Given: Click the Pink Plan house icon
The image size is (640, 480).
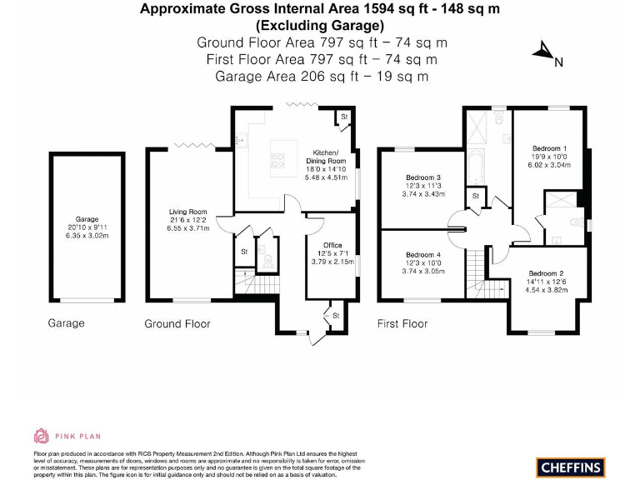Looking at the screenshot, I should pyautogui.click(x=41, y=434).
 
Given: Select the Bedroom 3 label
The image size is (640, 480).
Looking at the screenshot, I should pyautogui.click(x=423, y=177).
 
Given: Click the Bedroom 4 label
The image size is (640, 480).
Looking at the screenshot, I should pyautogui.click(x=423, y=254).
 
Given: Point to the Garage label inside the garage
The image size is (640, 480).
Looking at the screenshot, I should pyautogui.click(x=87, y=219).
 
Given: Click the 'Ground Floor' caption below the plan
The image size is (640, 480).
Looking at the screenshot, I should pyautogui.click(x=177, y=323).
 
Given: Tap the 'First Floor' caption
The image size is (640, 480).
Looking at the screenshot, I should pyautogui.click(x=402, y=323).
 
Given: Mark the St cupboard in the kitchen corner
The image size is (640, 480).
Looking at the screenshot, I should pyautogui.click(x=343, y=117).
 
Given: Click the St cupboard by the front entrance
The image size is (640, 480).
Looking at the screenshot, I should pyautogui.click(x=336, y=316).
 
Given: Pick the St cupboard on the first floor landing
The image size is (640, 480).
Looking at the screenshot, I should pyautogui.click(x=475, y=196).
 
